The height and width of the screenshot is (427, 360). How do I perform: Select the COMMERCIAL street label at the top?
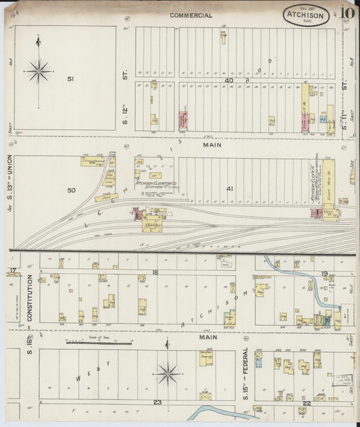191,15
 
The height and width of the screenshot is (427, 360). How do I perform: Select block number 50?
71,191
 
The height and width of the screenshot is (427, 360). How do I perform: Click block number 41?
230,189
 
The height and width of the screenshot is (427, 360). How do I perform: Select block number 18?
155,272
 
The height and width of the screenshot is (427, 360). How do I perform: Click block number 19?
324,273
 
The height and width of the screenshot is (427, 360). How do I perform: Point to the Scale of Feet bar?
99,342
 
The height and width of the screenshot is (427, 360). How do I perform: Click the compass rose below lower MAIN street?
168,372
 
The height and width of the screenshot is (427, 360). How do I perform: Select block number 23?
157,403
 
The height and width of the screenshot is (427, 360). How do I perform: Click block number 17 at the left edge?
12,271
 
